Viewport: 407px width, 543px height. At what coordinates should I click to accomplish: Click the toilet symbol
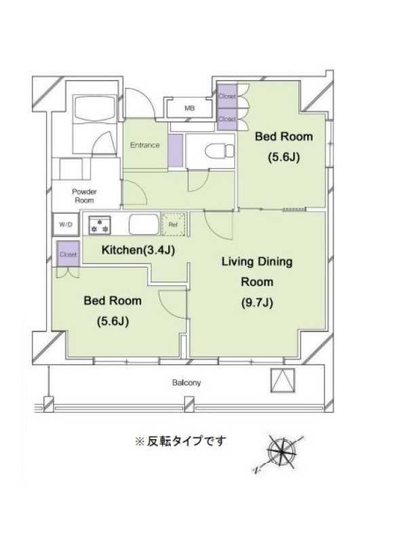220,151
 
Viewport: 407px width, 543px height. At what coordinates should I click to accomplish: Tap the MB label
189,108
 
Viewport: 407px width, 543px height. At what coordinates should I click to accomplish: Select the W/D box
66,225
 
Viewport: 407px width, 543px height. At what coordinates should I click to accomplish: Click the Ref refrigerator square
174,225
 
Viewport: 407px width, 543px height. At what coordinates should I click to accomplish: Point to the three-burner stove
100,225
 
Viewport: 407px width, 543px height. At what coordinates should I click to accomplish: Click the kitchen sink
144,225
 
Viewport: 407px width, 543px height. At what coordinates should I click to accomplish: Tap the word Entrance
144,145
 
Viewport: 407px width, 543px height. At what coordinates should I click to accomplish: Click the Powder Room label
84,196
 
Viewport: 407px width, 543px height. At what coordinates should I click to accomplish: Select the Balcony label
187,383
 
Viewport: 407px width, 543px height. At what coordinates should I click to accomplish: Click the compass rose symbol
282,451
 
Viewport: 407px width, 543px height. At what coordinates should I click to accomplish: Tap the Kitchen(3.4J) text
138,250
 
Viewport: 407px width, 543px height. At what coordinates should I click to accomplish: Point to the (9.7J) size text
257,303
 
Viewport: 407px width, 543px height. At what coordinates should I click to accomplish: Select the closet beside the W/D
68,254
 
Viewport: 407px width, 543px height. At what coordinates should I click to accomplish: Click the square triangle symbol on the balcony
283,380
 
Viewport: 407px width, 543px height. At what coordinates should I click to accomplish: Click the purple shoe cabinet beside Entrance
176,150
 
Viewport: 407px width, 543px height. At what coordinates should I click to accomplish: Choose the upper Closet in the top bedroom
227,96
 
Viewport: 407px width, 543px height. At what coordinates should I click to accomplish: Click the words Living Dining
257,261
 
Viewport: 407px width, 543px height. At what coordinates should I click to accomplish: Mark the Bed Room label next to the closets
284,136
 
